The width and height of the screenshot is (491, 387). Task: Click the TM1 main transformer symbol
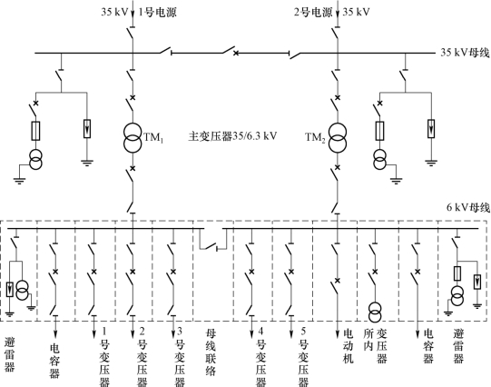pyautogui.click(x=133, y=138)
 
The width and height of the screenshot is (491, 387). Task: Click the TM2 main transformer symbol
pyautogui.click(x=338, y=138)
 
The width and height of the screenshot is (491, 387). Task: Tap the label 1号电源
pyautogui.click(x=158, y=12)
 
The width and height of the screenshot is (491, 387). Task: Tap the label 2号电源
pyautogui.click(x=313, y=12)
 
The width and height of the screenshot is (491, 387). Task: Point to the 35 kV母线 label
pyautogui.click(x=465, y=53)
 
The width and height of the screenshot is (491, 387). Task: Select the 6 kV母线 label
pyautogui.click(x=467, y=207)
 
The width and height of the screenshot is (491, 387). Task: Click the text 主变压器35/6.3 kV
pyautogui.click(x=232, y=136)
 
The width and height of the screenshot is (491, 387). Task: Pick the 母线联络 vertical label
pyautogui.click(x=211, y=352)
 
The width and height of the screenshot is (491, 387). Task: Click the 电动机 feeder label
pyautogui.click(x=349, y=346)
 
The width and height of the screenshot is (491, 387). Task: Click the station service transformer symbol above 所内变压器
pyautogui.click(x=375, y=313)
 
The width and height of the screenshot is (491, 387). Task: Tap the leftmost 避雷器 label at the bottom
pyautogui.click(x=9, y=354)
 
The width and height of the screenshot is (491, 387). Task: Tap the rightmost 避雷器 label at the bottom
pyautogui.click(x=458, y=346)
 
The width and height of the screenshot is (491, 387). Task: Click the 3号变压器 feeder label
pyautogui.click(x=180, y=357)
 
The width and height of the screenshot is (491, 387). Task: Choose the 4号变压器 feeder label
pyautogui.click(x=260, y=357)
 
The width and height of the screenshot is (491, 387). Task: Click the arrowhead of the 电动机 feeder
pyautogui.click(x=338, y=334)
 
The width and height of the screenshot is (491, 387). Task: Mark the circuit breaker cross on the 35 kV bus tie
pyautogui.click(x=236, y=54)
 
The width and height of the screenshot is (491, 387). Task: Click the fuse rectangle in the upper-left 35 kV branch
pyautogui.click(x=35, y=131)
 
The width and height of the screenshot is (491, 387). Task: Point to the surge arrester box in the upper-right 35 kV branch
pyautogui.click(x=431, y=128)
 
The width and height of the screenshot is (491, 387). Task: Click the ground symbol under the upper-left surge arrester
pyautogui.click(x=87, y=163)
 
